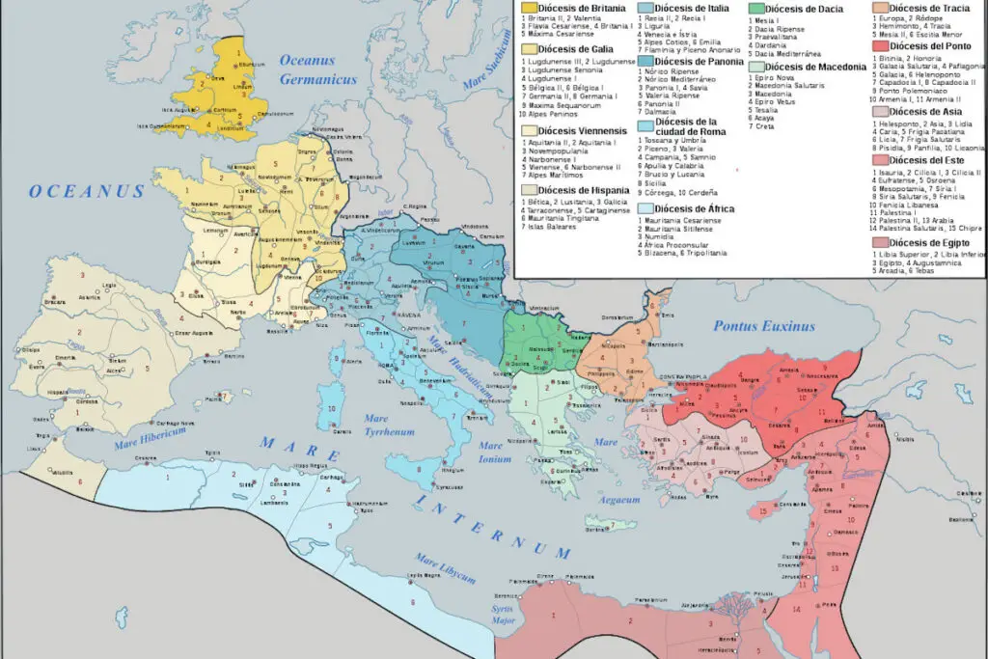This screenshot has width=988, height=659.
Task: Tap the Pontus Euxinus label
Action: pyautogui.click(x=764, y=326)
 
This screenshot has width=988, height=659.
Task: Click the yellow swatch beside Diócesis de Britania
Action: pyautogui.click(x=529, y=9)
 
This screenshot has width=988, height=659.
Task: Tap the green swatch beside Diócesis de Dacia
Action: pyautogui.click(x=755, y=9)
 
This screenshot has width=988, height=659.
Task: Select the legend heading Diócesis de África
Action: pyautogui.click(x=694, y=208)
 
